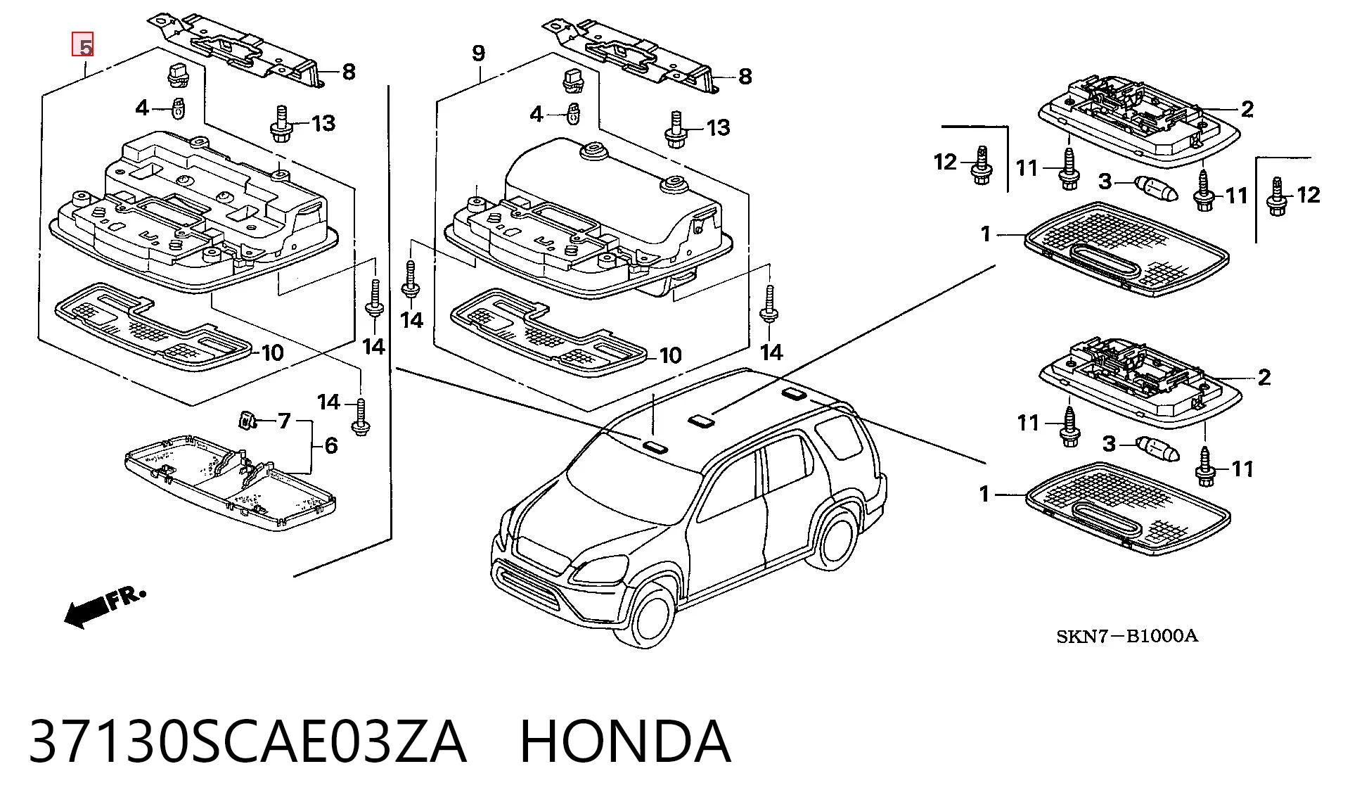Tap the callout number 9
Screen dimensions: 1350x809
point(478,53)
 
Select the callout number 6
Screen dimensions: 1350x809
point(330,445)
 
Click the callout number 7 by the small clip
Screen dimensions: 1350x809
point(284,421)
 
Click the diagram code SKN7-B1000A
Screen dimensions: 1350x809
point(1126,637)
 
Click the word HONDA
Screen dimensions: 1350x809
point(625,741)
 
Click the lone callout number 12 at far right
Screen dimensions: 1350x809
point(1308,194)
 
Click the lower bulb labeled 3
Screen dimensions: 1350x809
point(1159,447)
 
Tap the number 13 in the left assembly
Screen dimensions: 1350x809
point(323,124)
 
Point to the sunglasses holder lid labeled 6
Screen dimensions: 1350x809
point(230,481)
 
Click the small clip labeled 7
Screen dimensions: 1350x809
point(245,420)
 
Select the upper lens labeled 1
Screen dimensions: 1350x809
point(1126,248)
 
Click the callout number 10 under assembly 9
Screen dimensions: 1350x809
point(670,356)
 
